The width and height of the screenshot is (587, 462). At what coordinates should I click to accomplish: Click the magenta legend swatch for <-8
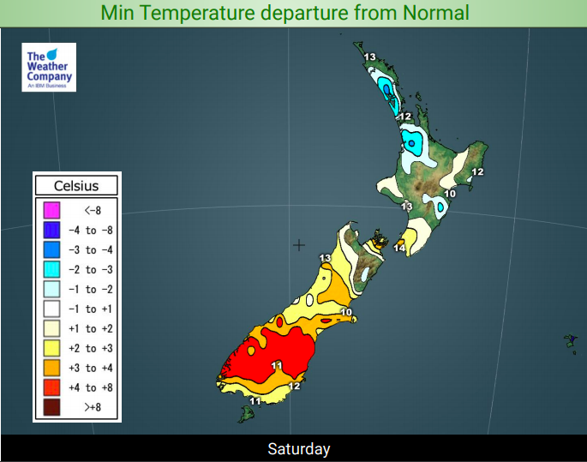pos(51,210)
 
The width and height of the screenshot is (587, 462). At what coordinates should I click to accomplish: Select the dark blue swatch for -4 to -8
pos(51,230)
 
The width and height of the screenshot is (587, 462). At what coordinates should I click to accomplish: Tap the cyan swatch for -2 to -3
pos(51,269)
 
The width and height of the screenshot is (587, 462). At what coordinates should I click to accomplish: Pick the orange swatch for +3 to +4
pos(51,368)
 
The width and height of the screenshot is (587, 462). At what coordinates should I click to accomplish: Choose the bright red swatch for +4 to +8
pos(51,387)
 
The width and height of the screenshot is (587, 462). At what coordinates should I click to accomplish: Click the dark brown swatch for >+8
pos(51,407)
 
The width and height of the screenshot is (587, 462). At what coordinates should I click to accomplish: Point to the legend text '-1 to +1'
pos(90,309)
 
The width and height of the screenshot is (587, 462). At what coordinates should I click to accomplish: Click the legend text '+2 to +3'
pos(90,348)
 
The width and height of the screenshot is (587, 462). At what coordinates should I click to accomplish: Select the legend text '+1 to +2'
pos(90,329)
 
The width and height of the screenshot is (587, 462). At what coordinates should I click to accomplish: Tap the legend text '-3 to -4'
pos(90,249)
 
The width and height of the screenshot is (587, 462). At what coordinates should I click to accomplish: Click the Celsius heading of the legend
pos(76,186)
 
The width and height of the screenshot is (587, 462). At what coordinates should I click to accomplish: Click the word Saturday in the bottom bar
pos(299,449)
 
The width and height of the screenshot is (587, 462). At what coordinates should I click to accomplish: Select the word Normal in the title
pos(436,13)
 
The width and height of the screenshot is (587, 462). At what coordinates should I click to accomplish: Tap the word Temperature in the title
pos(198,14)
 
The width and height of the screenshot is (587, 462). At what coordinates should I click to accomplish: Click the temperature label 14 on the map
pos(399,248)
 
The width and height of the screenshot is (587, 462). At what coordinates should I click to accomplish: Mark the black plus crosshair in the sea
pos(299,245)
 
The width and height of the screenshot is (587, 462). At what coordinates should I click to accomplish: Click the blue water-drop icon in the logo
pos(52,54)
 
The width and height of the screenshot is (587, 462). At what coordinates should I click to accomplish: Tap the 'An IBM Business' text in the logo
pos(47,86)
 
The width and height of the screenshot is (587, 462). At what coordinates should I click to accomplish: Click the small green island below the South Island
pos(246,414)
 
